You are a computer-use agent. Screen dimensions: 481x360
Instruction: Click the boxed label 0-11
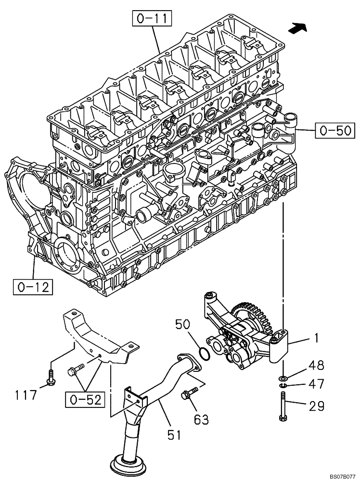150,19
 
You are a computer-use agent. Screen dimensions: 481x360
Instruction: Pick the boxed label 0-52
84,398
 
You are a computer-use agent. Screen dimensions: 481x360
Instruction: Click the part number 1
316,339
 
